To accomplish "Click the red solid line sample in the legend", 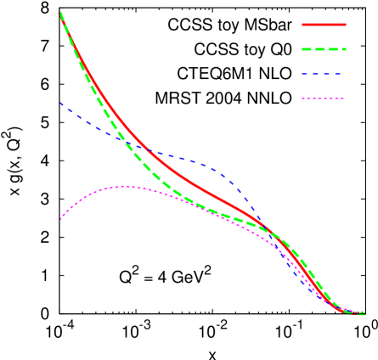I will pos(324,25).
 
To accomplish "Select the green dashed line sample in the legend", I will pos(324,49).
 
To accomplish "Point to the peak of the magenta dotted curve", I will pos(125,186).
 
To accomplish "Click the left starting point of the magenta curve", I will pos(60,220).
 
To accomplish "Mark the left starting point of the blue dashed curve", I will pos(60,103).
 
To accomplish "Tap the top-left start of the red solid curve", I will pos(60,14).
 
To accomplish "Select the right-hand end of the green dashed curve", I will pos(364,314).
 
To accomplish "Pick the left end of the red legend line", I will pos(303,25).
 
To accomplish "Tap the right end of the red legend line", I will pos(345,25).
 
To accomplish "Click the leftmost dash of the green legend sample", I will pos(307,49).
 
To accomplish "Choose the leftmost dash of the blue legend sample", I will pos(305,74).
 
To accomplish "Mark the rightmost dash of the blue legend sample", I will pos(341,74).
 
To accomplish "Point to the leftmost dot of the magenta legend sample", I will pos(303,98).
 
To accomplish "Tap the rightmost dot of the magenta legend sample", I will pos(343,98).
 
